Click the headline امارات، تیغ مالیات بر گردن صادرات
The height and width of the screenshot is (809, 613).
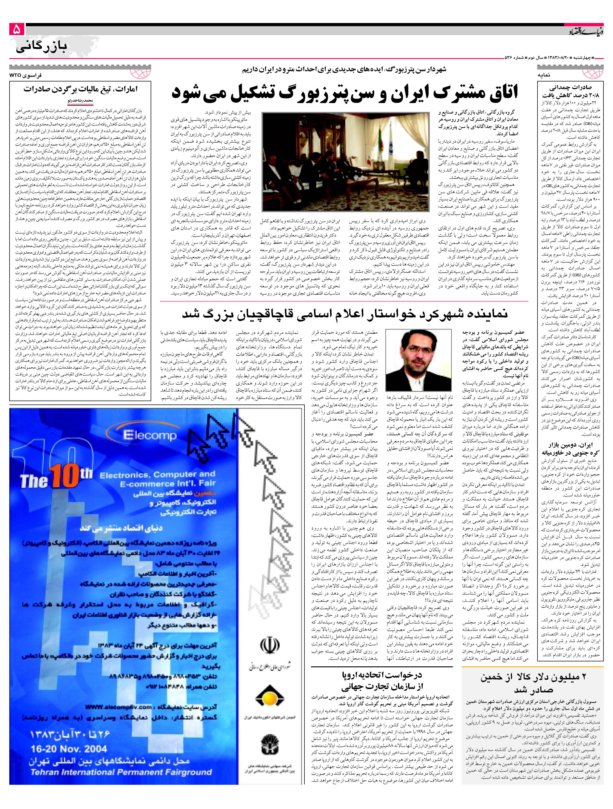[x=80, y=89]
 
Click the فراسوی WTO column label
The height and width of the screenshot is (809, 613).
[x=26, y=75]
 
